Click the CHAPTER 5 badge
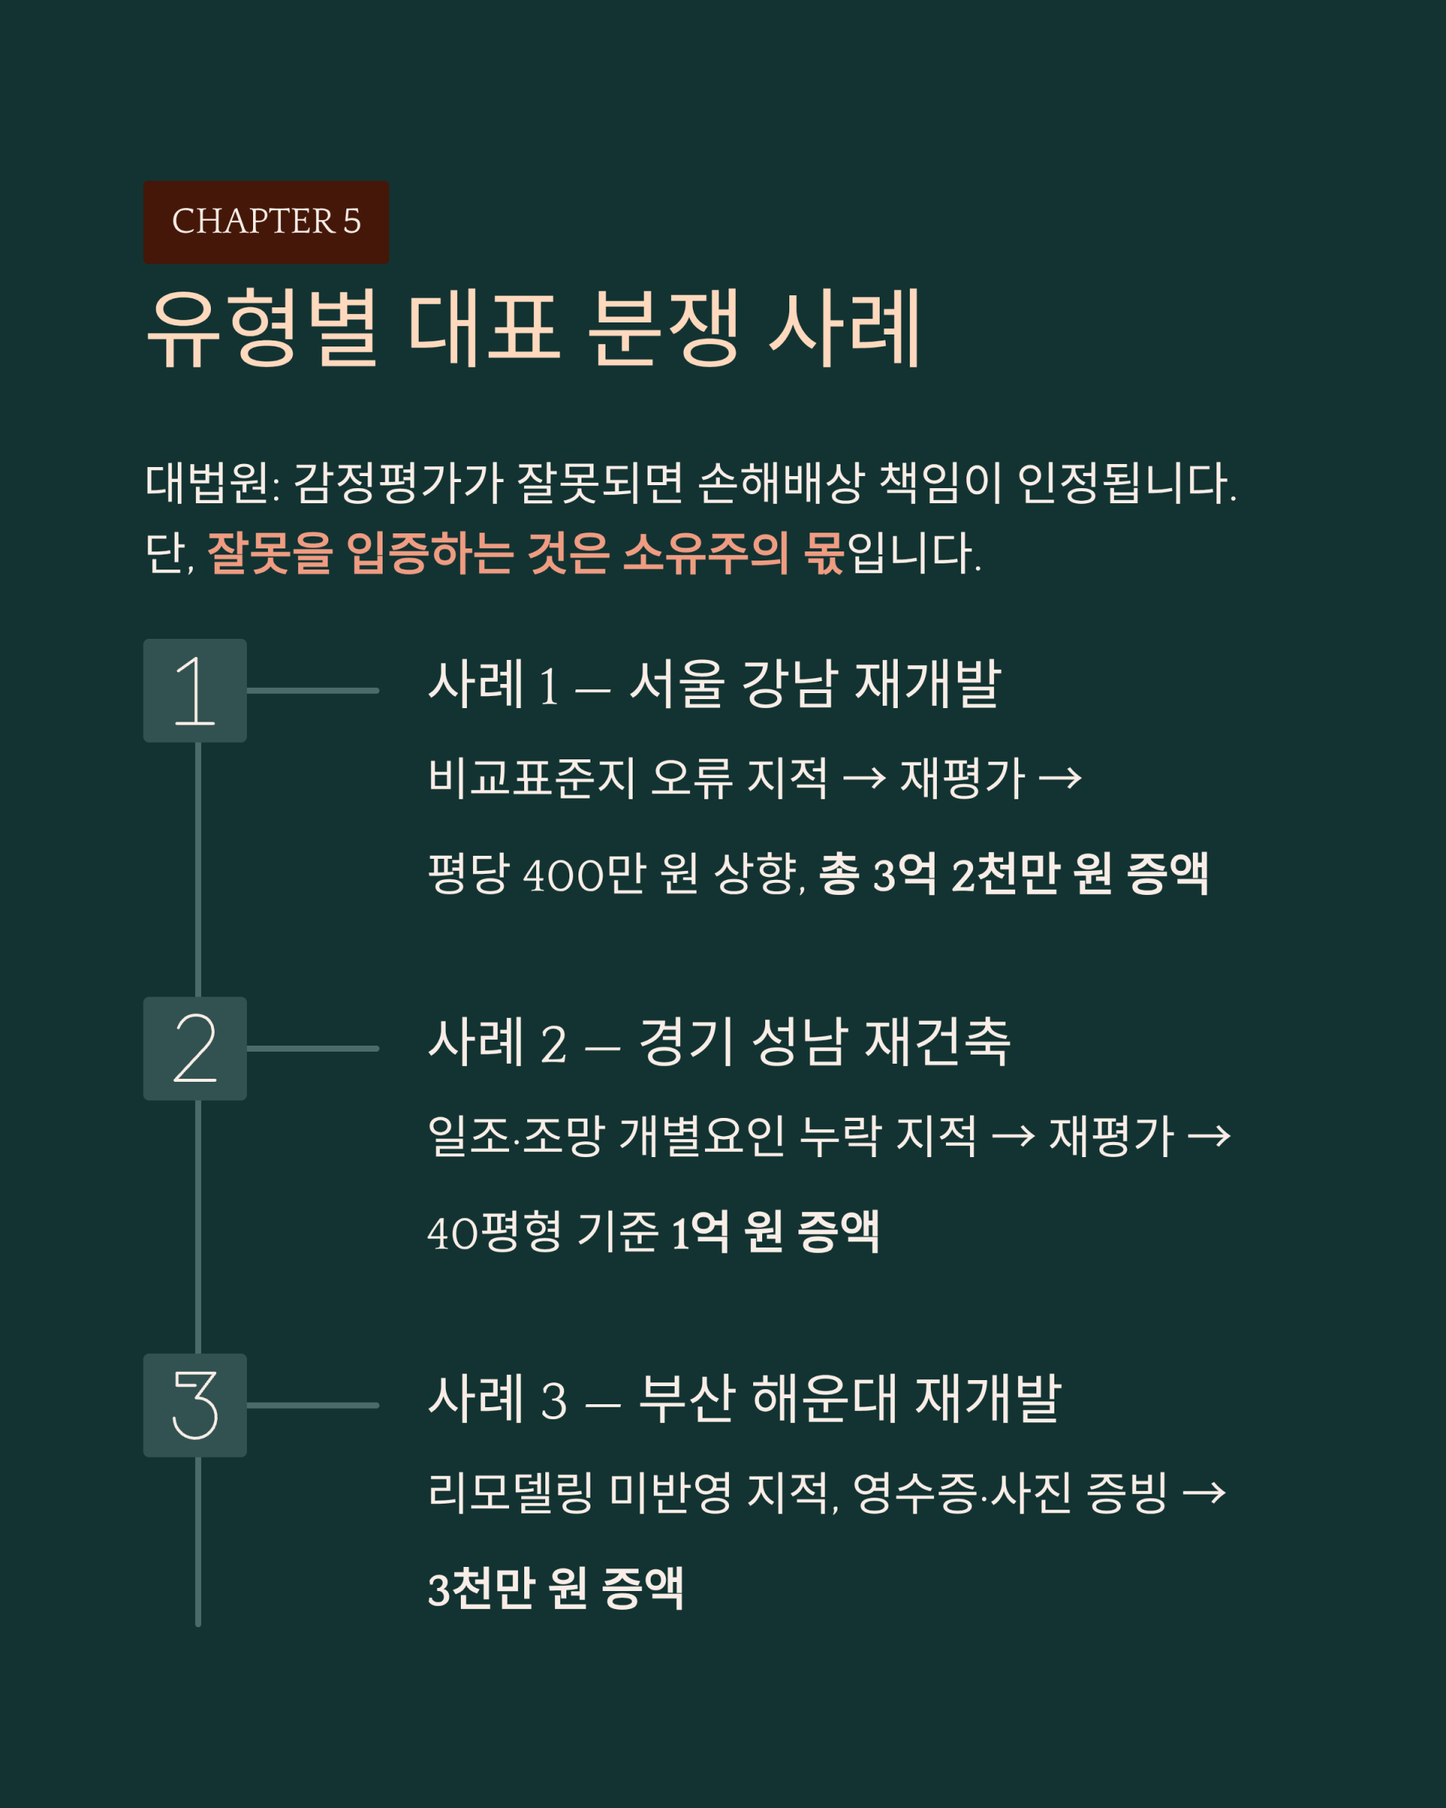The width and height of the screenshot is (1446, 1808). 266,222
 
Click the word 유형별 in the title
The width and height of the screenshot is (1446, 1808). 262,328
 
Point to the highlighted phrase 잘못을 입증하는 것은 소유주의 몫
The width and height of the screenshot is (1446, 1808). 526,554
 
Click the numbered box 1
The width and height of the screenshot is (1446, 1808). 195,691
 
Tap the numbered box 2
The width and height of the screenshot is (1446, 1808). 195,1048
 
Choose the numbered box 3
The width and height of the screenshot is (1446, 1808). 195,1406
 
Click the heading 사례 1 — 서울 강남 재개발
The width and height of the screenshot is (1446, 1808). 714,683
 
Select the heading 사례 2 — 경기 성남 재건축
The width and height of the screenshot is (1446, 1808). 719,1042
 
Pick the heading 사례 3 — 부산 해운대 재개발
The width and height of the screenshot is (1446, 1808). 744,1399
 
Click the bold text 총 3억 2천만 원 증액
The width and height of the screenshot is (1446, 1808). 1014,874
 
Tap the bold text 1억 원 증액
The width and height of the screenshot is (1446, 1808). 776,1232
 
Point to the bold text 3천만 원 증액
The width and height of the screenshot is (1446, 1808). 556,1588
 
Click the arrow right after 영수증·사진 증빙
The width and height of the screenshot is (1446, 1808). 1203,1494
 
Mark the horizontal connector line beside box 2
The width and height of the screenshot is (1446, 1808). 313,1048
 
